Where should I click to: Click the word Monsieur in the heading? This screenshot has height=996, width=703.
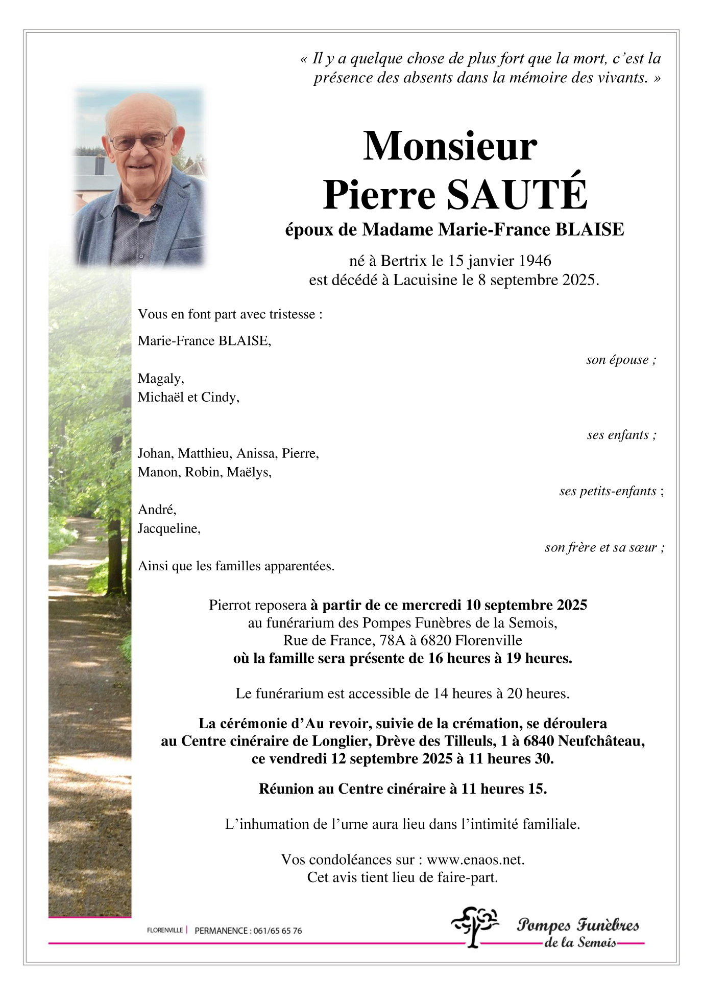point(450,146)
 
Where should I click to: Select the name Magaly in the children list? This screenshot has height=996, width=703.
point(160,378)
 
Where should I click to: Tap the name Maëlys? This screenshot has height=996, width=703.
point(249,472)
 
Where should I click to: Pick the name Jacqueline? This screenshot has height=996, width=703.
point(168,528)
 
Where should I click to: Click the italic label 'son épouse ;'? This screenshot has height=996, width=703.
point(621,360)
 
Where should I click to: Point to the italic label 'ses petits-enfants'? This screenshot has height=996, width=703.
point(608,491)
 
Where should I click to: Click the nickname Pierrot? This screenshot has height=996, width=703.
point(230,605)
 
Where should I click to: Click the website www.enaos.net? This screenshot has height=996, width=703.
point(475,860)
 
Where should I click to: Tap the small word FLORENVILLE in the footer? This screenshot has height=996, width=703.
point(164,930)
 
